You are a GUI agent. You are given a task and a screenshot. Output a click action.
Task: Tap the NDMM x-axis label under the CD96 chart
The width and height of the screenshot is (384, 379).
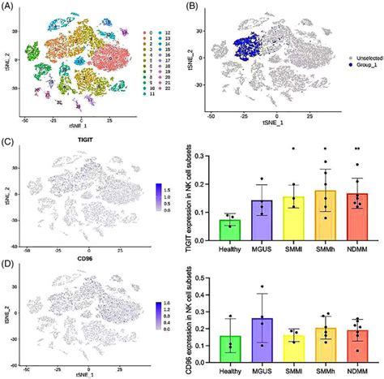pyautogui.click(x=357, y=375)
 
